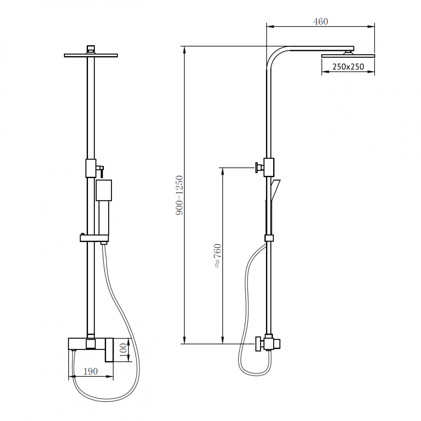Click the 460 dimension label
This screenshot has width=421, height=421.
(320, 21)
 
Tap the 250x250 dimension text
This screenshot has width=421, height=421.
(348, 67)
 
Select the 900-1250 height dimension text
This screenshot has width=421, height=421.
(180, 195)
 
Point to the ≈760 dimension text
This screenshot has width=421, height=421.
(217, 256)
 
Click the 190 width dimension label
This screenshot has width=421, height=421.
(90, 371)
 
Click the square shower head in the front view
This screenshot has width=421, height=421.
(91, 55)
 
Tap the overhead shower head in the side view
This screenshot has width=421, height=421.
(348, 56)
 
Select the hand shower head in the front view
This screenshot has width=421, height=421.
(104, 190)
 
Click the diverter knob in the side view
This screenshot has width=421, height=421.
(257, 167)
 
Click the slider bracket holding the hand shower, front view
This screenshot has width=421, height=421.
(94, 238)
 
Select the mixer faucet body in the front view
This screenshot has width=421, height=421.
(91, 344)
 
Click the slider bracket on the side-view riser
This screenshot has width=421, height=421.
(269, 238)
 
